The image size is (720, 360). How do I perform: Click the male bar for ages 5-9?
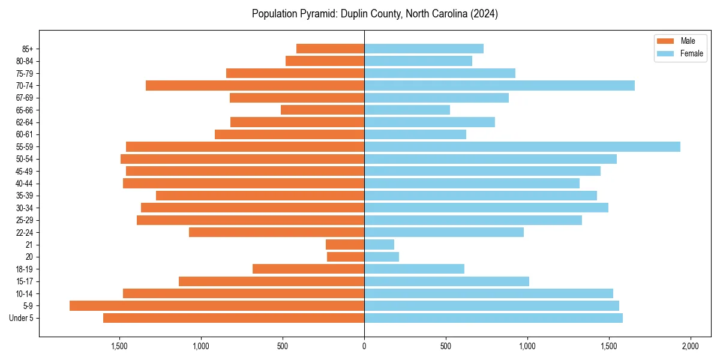point(217,305)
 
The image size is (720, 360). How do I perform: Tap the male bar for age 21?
point(345,244)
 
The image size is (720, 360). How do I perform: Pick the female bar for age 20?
point(382,257)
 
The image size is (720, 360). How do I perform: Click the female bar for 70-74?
point(499,85)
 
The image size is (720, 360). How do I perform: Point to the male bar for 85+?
point(330,49)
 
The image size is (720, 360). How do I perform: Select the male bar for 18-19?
point(308,269)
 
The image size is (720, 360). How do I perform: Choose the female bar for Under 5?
point(493,317)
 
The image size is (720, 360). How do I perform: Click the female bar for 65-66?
point(407,110)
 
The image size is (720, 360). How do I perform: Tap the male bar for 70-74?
point(255,85)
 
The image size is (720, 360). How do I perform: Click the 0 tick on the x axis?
point(364,346)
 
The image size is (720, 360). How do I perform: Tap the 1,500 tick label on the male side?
point(119,346)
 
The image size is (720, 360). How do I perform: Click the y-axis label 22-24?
point(24,232)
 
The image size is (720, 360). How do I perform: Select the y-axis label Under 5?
point(21,317)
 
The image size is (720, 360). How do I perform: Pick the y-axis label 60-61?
point(24,134)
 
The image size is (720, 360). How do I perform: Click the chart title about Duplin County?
point(375,13)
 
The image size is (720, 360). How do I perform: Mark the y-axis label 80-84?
point(24,61)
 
